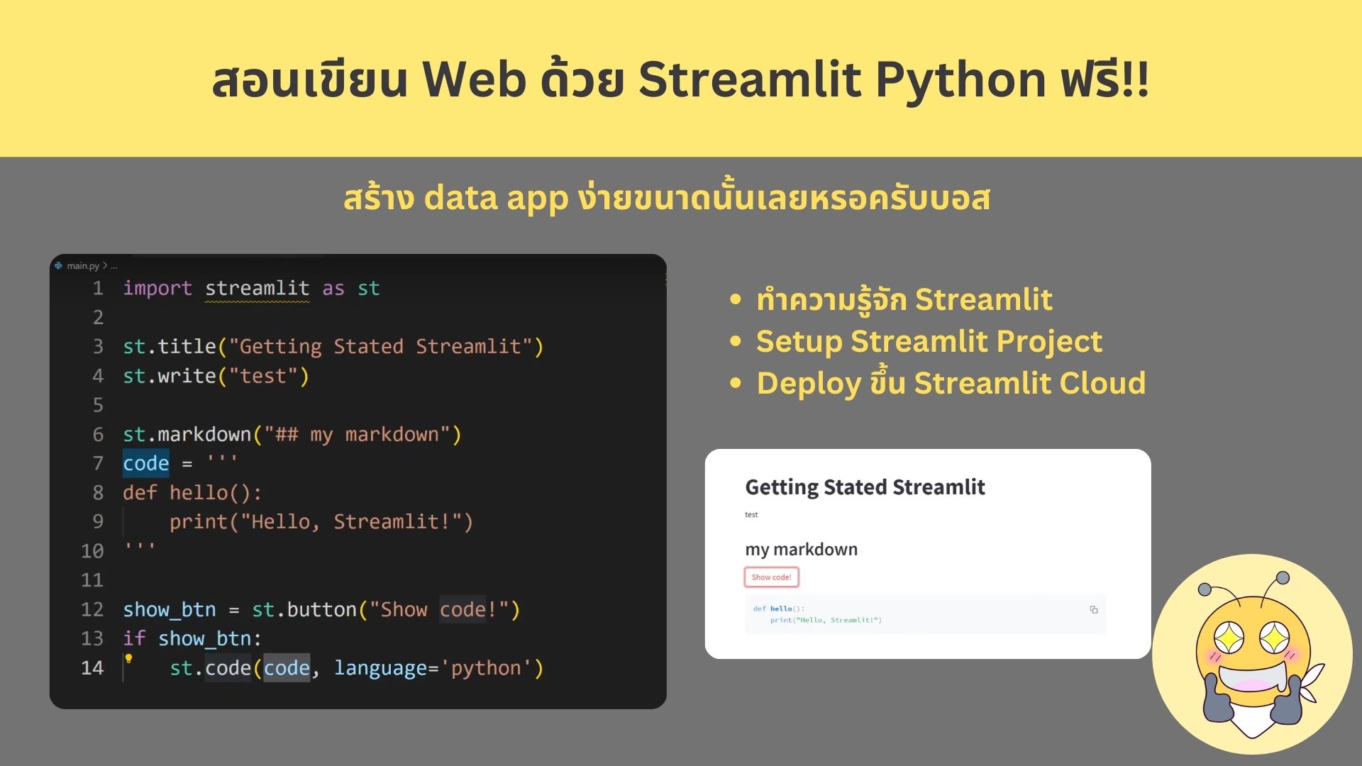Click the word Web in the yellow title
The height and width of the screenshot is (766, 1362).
tap(475, 79)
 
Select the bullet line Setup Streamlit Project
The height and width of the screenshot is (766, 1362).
tap(929, 341)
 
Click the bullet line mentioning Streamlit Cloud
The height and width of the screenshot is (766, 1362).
tap(951, 382)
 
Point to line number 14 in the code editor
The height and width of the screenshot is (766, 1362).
tap(92, 668)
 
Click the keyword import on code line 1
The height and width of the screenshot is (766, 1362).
tap(157, 289)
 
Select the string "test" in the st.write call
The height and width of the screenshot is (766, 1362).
tap(263, 376)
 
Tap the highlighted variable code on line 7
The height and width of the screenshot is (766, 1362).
tap(146, 463)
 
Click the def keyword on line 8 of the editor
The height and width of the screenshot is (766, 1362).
tap(140, 492)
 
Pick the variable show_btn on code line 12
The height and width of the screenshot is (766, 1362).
tap(170, 610)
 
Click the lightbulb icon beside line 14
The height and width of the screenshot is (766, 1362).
tap(128, 659)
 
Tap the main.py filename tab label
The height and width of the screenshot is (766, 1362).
tap(83, 266)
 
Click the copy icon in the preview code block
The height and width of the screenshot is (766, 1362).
tap(1094, 609)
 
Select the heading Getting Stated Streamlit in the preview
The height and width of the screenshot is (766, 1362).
tap(865, 487)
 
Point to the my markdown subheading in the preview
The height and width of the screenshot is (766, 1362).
tap(802, 550)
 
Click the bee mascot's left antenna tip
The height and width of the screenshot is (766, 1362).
tap(1205, 589)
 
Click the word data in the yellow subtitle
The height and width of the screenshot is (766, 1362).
tap(461, 198)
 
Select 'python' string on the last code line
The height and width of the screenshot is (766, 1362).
tap(486, 668)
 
